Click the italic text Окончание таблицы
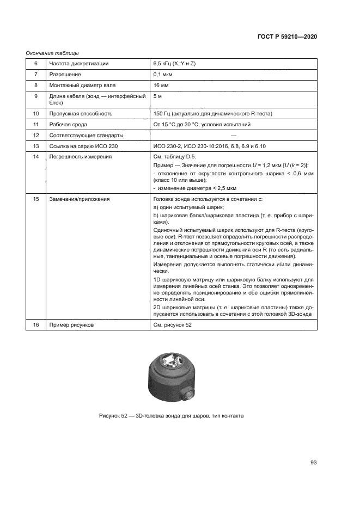52,53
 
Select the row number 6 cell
36,64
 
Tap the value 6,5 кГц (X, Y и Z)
182,64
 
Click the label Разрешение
65,75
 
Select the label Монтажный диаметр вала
82,85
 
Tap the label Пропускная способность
80,114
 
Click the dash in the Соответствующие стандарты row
233,136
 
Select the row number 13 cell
36,146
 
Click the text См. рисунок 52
173,324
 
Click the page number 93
313,463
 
